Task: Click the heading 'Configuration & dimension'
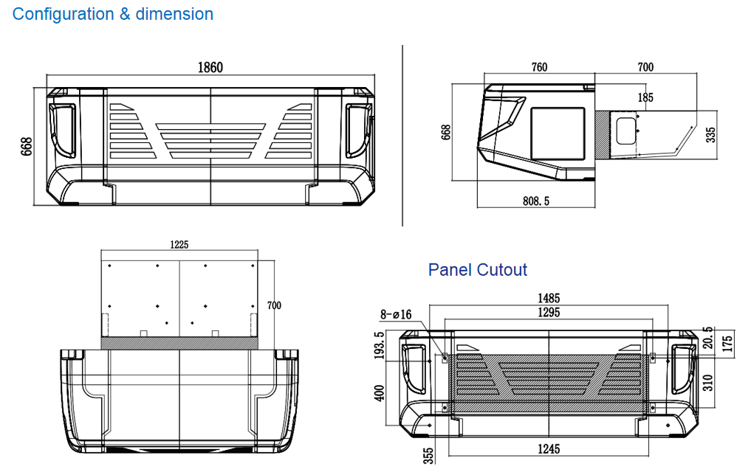coord(113,14)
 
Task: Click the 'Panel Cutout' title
coord(478,270)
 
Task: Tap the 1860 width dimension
coord(210,68)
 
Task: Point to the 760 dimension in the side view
coord(539,68)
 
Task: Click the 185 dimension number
coord(645,97)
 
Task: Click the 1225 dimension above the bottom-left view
coord(180,245)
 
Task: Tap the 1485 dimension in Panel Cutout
coord(549,299)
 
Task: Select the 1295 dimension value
coord(549,313)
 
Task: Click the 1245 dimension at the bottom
coord(549,448)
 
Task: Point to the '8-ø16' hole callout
coord(396,315)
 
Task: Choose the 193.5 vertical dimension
coord(380,346)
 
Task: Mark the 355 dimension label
coord(428,454)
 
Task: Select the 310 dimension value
coord(708,382)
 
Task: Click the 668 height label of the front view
coord(26,147)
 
